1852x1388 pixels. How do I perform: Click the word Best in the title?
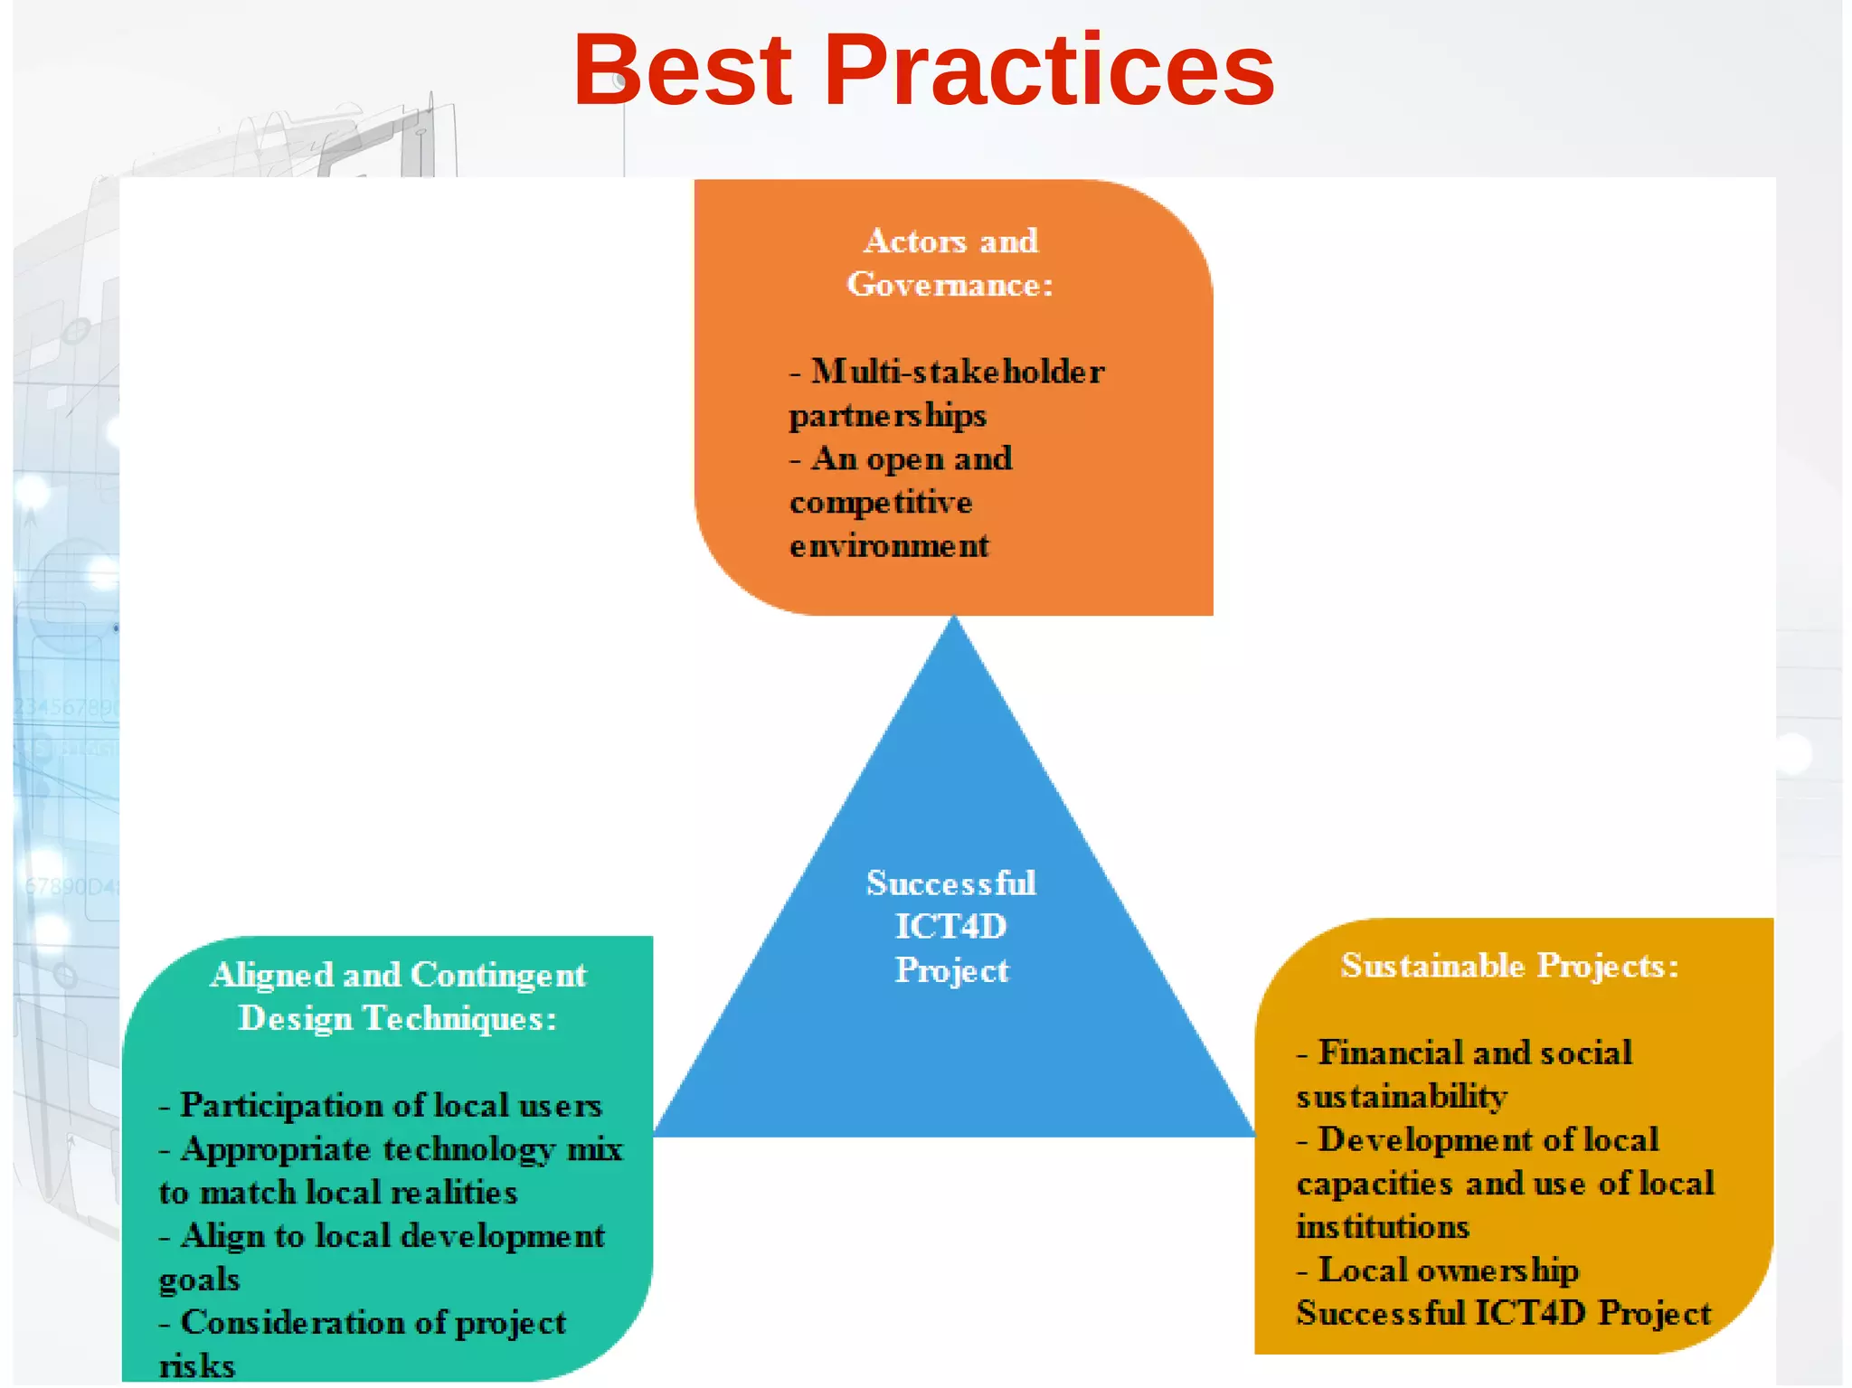tap(683, 71)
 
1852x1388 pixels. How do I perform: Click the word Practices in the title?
tap(1049, 71)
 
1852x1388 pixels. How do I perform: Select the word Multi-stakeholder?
tap(958, 372)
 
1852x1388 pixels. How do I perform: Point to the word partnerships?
tap(887, 416)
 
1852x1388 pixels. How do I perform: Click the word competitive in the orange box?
tap(881, 503)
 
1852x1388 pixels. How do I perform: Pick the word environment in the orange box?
tap(889, 546)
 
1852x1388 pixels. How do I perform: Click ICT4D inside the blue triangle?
tap(950, 927)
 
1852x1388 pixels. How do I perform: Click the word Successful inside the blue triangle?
tap(950, 883)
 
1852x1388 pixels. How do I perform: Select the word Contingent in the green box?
tap(498, 976)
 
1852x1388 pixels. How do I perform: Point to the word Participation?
tap(282, 1106)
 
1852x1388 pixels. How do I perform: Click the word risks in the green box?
tap(197, 1366)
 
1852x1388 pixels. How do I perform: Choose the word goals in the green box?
tap(199, 1279)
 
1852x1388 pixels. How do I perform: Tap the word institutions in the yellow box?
tap(1383, 1227)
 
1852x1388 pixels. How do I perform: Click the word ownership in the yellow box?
tap(1498, 1270)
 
